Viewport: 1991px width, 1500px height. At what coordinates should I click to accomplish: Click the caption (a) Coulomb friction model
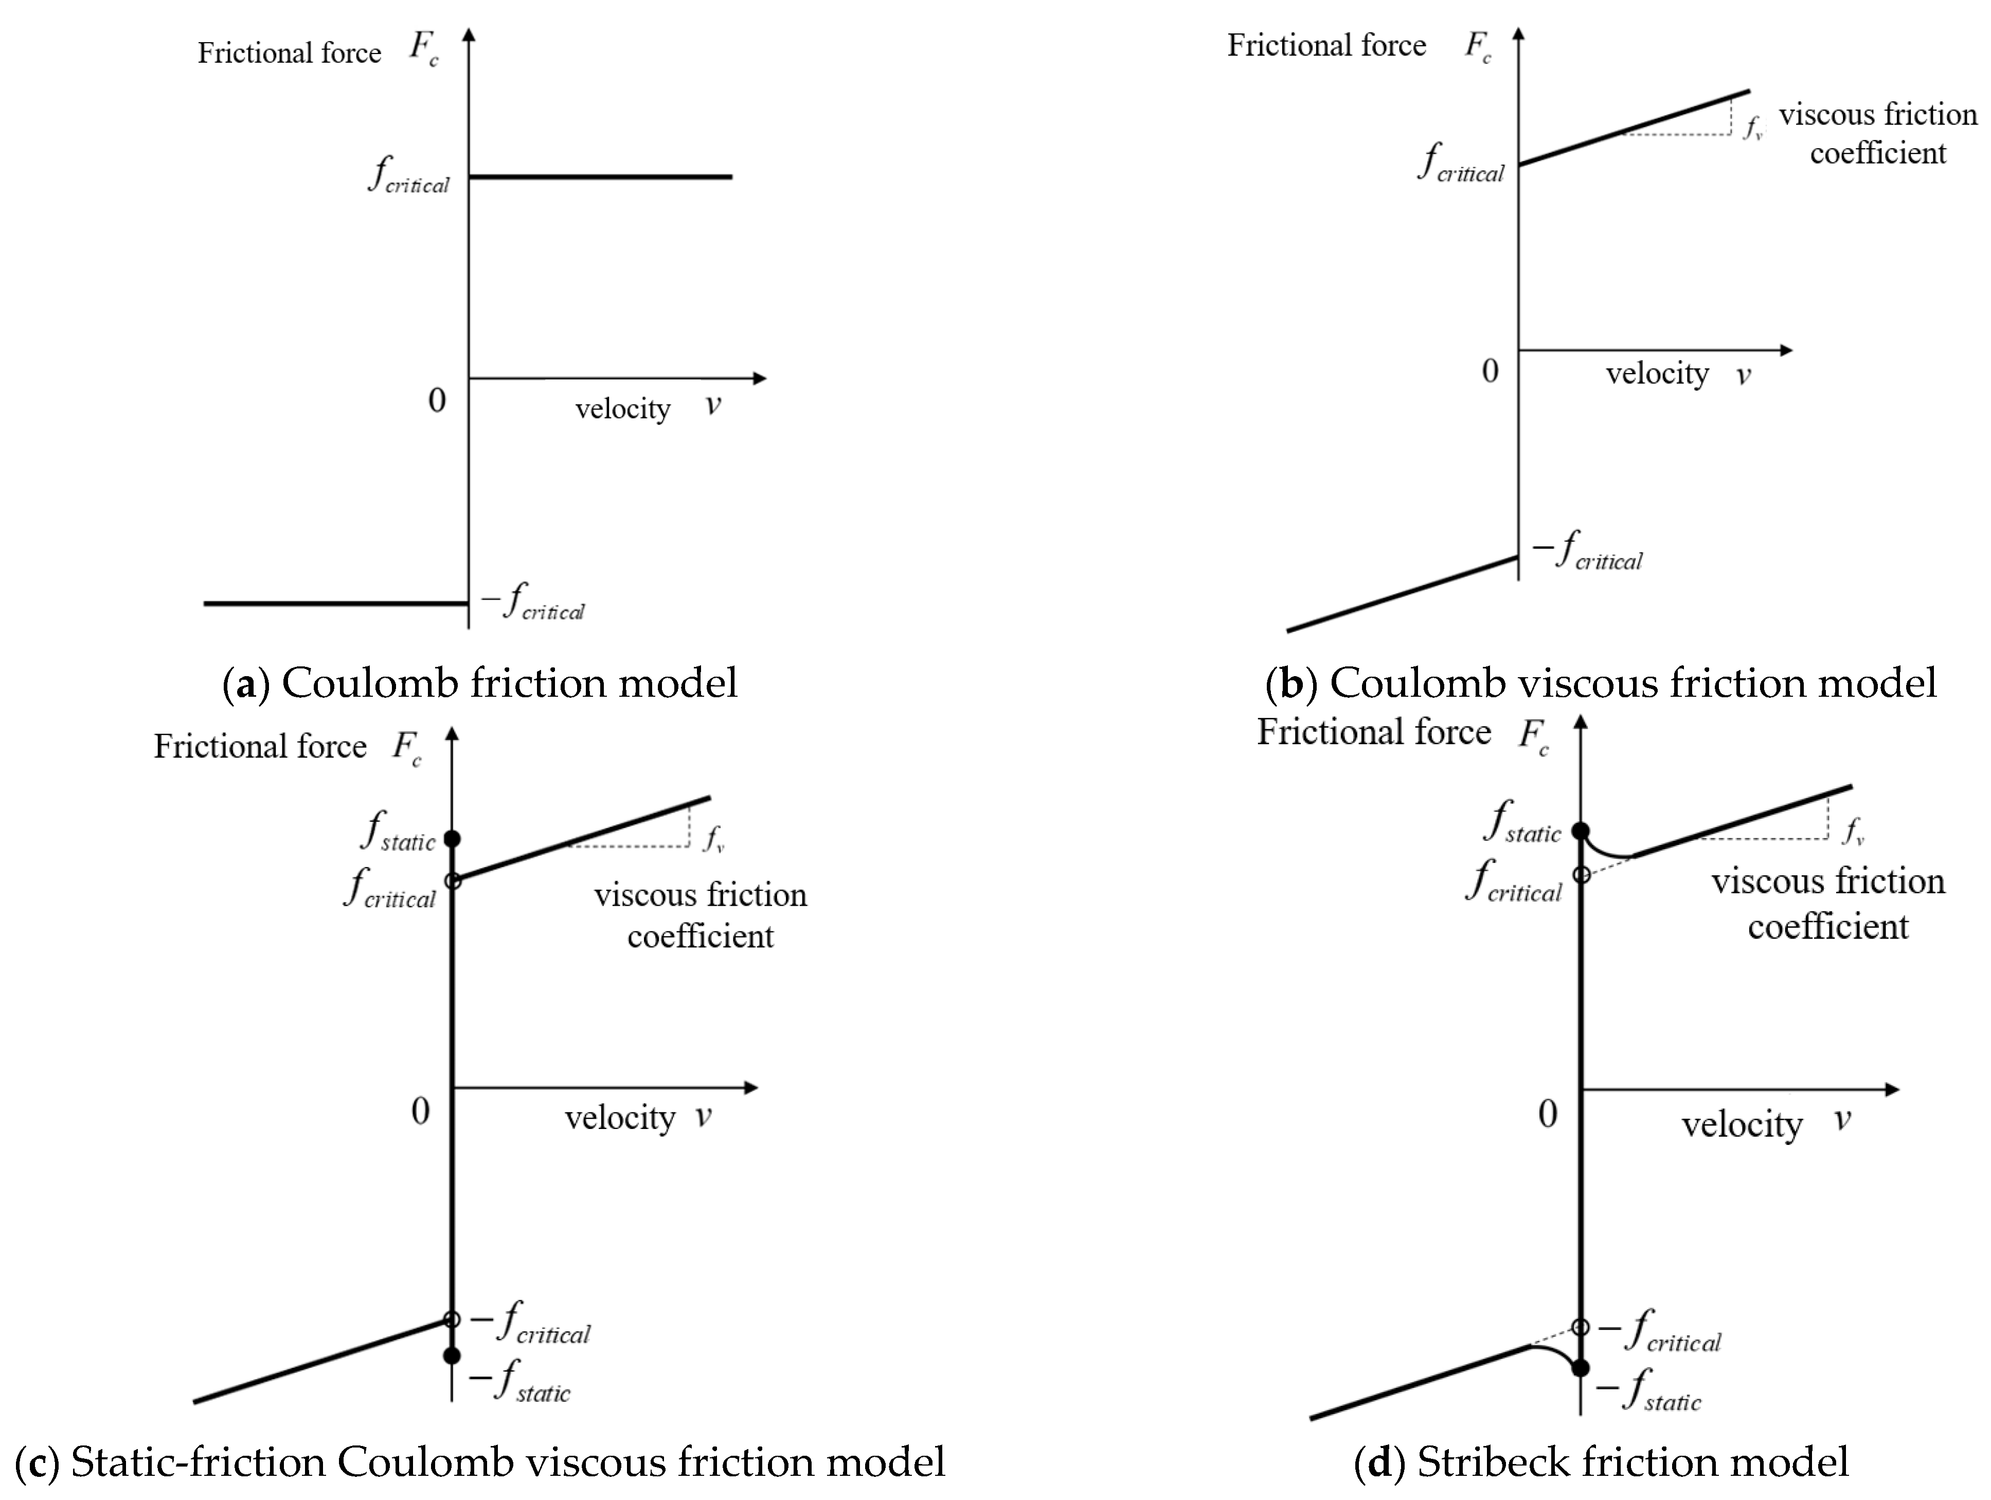pos(480,682)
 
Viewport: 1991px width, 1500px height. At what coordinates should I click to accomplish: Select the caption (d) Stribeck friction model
pos(1601,1461)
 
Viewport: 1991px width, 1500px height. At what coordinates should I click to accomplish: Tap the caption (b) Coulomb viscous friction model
pos(1601,682)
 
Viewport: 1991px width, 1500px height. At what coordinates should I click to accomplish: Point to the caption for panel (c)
pos(480,1461)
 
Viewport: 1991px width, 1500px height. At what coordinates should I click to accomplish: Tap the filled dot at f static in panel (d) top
pos(1581,830)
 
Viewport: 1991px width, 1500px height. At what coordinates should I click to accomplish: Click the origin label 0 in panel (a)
pos(437,401)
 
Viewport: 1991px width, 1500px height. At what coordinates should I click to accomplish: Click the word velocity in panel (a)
pos(623,410)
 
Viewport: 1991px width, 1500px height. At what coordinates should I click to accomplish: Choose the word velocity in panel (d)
pos(1742,1124)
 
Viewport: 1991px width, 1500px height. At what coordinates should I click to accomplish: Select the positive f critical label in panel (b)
pos(1460,163)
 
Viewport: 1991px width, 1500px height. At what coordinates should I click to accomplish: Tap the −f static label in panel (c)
pos(521,1382)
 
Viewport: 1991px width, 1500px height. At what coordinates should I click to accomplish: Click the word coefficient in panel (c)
pos(701,937)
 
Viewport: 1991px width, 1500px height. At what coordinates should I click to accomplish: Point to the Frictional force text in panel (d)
pos(1373,732)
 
